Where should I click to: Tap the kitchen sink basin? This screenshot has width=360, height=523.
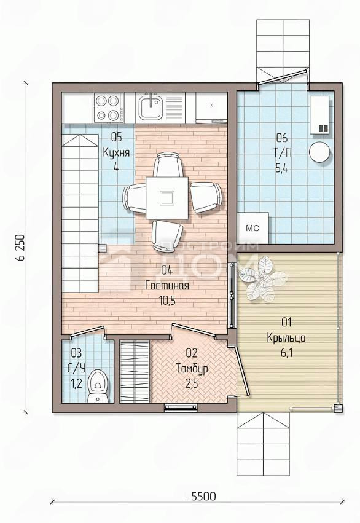coord(151,108)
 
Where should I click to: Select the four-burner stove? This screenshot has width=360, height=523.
coord(108,108)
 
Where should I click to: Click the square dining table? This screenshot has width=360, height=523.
coord(166,198)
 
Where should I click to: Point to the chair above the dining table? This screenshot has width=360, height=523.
coord(168,164)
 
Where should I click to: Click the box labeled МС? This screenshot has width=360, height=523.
coord(252,228)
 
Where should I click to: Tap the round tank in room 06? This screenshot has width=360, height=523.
coord(320,152)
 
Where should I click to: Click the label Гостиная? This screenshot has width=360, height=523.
coord(167,286)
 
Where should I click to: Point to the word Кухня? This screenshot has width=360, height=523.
coord(116,153)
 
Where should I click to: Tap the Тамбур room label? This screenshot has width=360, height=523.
coord(192,369)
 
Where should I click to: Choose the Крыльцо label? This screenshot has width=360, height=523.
coord(286,338)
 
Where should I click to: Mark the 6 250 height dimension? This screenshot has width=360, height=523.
coord(22,247)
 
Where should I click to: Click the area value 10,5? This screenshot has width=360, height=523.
coord(167,301)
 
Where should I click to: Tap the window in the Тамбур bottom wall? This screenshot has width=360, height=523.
coord(181,407)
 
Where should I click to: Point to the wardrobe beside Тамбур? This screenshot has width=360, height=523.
coord(135,371)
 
